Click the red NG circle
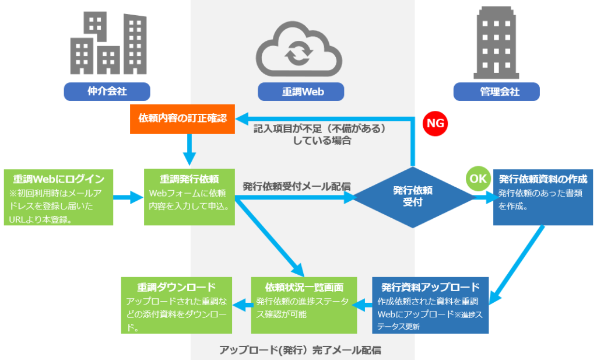(435, 124)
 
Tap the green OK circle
(478, 179)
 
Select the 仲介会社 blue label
(107, 92)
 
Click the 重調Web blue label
(301, 92)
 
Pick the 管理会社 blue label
(497, 92)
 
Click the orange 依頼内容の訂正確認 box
(182, 119)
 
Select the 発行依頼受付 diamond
(413, 197)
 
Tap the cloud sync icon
(299, 49)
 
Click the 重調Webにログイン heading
(59, 179)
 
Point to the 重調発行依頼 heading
(189, 179)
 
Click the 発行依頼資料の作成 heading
(543, 179)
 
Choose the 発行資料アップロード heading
(431, 287)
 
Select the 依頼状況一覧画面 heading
(304, 287)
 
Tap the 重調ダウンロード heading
(177, 287)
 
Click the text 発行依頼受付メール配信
(297, 187)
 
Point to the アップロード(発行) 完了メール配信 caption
(300, 350)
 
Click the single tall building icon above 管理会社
(497, 42)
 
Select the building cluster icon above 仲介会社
(108, 43)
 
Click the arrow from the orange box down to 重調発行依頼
(189, 149)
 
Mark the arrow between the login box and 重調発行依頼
(128, 197)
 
